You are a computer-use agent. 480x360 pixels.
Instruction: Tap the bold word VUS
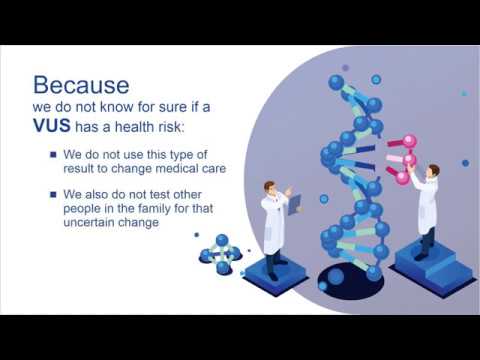tap(56, 127)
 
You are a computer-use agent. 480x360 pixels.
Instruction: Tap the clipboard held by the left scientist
tap(293, 206)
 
